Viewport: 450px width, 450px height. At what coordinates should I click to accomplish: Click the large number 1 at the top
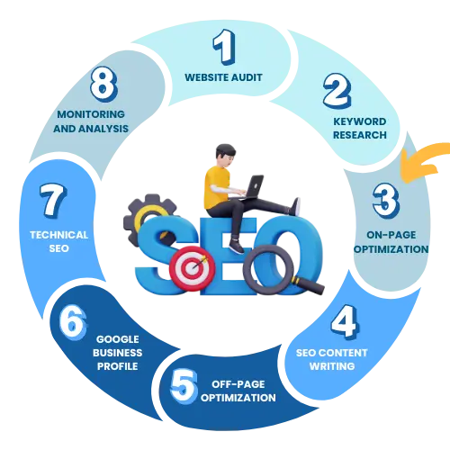[224, 47]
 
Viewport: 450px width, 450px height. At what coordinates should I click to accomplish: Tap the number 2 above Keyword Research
[337, 91]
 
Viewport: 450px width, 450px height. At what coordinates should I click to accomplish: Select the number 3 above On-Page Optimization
[386, 201]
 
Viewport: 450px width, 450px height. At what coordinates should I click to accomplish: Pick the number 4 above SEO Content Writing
[345, 321]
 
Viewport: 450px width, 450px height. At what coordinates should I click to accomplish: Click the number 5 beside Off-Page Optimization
[184, 386]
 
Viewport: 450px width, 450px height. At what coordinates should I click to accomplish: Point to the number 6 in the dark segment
[73, 322]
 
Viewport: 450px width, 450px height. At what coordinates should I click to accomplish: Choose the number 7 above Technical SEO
[53, 201]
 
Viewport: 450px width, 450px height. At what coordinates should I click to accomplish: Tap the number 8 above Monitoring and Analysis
[103, 84]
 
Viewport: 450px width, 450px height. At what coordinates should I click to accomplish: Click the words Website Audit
[223, 77]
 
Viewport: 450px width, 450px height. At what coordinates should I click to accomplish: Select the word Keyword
[360, 121]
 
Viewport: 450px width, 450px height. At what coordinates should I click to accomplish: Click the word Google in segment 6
[118, 339]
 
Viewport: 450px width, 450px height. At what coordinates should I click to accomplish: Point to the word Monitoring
[91, 114]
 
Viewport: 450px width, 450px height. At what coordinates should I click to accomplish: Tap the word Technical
[59, 235]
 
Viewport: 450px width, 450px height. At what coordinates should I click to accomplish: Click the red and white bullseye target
[192, 268]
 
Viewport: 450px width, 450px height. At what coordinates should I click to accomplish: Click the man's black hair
[225, 150]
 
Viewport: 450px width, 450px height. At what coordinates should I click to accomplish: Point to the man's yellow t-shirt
[216, 187]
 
